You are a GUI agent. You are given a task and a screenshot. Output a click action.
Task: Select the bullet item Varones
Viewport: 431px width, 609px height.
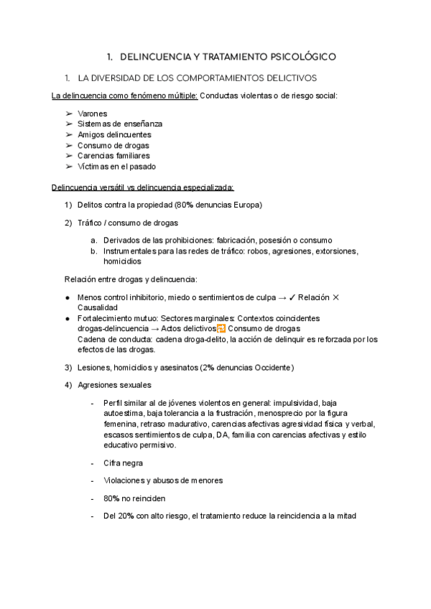(x=92, y=113)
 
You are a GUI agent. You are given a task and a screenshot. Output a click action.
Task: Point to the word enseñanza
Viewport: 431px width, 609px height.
(x=141, y=124)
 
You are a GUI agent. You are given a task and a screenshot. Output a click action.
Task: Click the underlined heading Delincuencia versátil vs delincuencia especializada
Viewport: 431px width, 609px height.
(x=142, y=188)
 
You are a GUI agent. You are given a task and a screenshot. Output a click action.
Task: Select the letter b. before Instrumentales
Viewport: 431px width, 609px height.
(x=94, y=251)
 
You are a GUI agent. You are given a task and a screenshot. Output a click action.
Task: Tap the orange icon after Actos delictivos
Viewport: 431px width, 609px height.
(x=221, y=329)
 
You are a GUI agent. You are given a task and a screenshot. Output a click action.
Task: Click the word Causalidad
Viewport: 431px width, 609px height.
(x=98, y=307)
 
